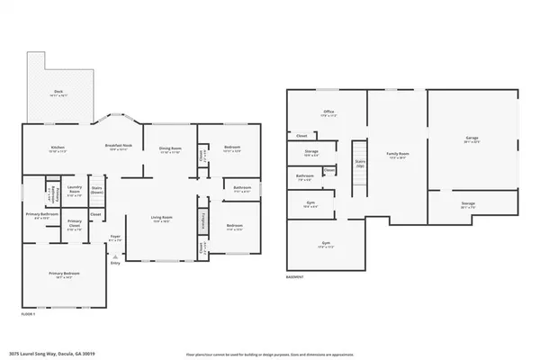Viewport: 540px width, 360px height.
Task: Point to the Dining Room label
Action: (170, 149)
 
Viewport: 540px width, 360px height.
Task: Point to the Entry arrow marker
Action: (115, 255)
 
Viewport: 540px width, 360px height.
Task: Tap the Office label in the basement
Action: (329, 113)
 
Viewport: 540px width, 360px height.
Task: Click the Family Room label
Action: (398, 156)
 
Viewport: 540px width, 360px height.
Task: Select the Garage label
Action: (472, 140)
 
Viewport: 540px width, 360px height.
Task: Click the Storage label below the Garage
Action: (468, 204)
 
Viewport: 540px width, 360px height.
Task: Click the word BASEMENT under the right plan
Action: (294, 277)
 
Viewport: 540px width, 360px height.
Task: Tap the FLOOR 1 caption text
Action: (30, 312)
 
